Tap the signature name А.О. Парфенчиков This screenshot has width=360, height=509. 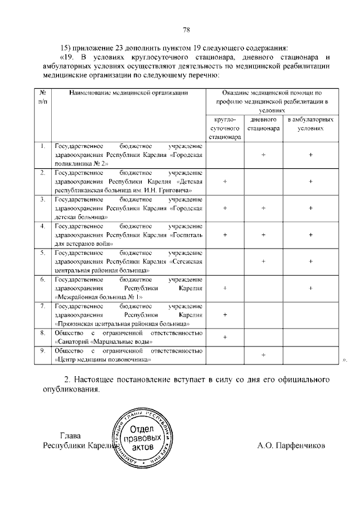coord(290,446)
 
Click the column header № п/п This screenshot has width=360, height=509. coord(43,97)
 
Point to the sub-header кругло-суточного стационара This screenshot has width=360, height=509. coord(224,128)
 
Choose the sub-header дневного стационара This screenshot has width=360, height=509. coord(263,124)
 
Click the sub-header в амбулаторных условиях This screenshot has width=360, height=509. coord(310,124)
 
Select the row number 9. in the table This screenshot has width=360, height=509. coord(43,351)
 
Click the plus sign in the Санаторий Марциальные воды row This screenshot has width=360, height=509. coord(224,337)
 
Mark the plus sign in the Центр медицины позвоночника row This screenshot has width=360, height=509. coord(263,355)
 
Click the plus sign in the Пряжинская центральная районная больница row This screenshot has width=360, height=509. coord(224,314)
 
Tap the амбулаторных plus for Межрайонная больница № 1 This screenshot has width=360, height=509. coord(310,288)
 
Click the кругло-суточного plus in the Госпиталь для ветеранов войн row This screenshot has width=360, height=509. coord(224,235)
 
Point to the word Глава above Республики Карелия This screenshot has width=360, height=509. coord(70,435)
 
